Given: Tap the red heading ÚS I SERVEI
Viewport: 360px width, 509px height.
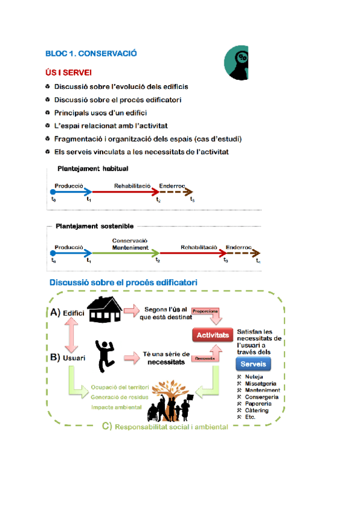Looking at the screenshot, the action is [x=68, y=73].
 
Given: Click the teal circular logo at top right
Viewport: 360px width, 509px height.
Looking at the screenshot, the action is [x=237, y=62].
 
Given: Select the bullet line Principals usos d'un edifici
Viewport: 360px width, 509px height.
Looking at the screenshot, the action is [x=100, y=113].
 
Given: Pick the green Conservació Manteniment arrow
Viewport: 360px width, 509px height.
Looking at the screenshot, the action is [x=127, y=253].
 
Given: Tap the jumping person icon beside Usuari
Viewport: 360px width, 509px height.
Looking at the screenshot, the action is [x=106, y=354].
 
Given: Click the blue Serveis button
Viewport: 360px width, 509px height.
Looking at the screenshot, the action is [x=253, y=364].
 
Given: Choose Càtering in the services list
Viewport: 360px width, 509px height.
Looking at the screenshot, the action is [x=257, y=410].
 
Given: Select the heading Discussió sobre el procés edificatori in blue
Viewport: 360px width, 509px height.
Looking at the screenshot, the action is [x=124, y=282].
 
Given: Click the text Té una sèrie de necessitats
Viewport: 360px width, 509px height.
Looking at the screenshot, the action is [x=166, y=358].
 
